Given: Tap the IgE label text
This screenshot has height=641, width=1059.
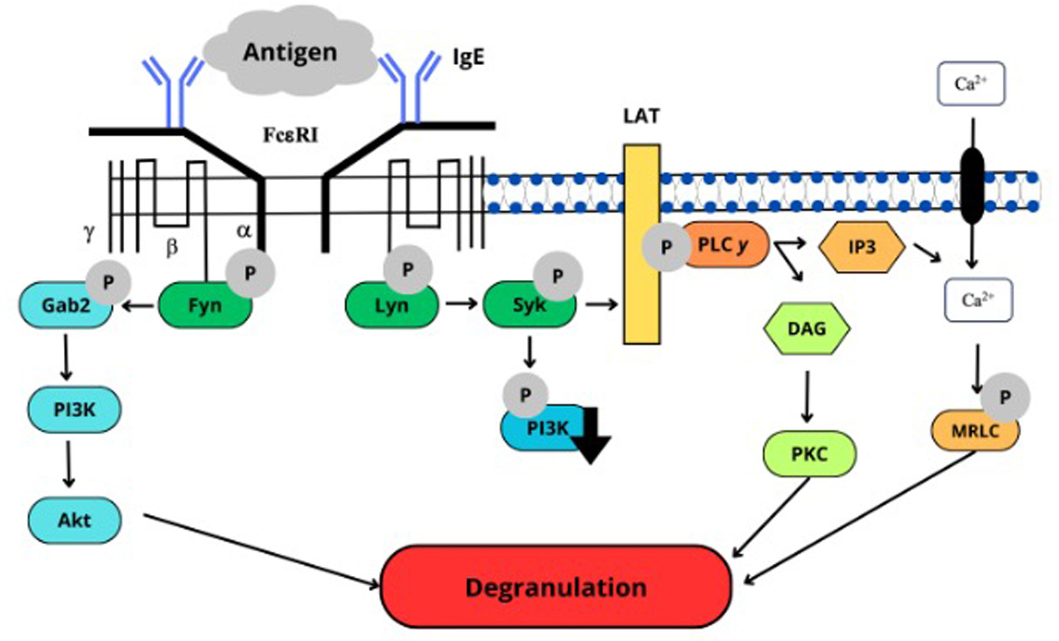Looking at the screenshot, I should click(x=468, y=58).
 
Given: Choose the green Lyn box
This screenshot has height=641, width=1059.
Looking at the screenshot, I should click(x=391, y=306).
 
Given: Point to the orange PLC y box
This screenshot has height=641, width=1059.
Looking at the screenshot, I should click(x=724, y=245).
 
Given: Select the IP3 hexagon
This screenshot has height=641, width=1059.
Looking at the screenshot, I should click(x=861, y=247).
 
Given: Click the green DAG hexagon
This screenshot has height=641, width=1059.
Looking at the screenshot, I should click(x=807, y=328).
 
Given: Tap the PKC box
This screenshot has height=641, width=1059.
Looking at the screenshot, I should click(x=809, y=454).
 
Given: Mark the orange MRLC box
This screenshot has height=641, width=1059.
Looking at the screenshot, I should click(x=975, y=431).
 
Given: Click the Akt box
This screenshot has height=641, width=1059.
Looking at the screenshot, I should click(x=75, y=520).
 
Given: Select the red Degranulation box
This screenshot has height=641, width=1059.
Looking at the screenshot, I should click(x=556, y=587).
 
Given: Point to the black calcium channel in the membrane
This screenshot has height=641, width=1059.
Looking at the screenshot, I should click(x=972, y=185).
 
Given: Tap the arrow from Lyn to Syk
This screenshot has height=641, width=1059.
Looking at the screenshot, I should click(x=461, y=304).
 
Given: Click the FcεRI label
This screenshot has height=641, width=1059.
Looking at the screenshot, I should click(x=290, y=135).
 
